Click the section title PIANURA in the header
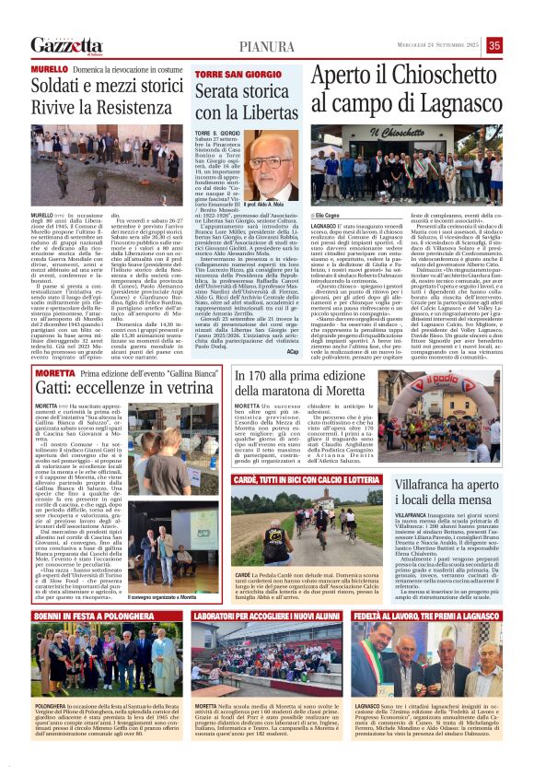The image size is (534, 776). (x=267, y=46)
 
